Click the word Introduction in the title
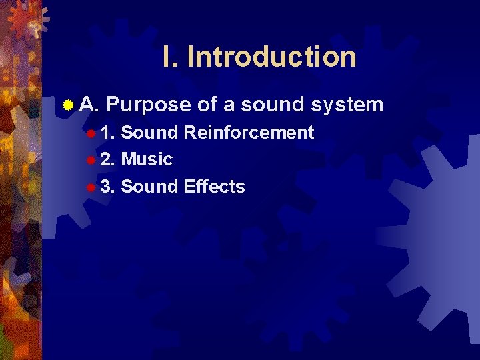click(271, 57)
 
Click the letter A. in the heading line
click(89, 105)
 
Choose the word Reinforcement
click(249, 133)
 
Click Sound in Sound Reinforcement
click(150, 133)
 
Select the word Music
click(147, 160)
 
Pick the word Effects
click(214, 187)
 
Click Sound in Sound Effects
click(150, 187)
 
